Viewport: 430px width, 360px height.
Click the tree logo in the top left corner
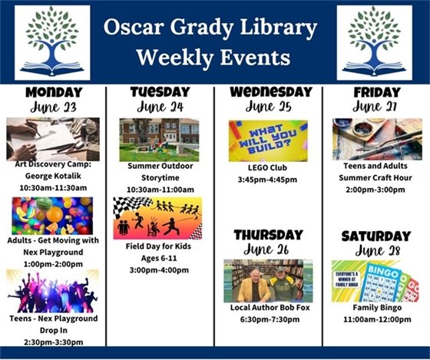(52, 42)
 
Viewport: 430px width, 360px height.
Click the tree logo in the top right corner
(374, 42)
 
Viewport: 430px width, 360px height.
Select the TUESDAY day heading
(160, 92)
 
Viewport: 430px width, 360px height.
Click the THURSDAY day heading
(268, 234)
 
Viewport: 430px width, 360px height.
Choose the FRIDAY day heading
(377, 92)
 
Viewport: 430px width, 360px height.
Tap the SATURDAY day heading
(376, 235)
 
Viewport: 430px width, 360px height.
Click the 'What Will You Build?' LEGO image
(268, 140)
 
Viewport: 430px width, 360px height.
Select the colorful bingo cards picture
(376, 280)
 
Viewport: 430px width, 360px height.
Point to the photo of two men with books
(268, 280)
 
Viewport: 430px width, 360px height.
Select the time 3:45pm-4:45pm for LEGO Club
(268, 181)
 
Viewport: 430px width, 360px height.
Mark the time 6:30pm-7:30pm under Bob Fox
(268, 319)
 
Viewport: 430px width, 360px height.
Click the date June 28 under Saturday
(376, 250)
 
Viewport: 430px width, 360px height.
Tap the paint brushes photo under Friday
(377, 139)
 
